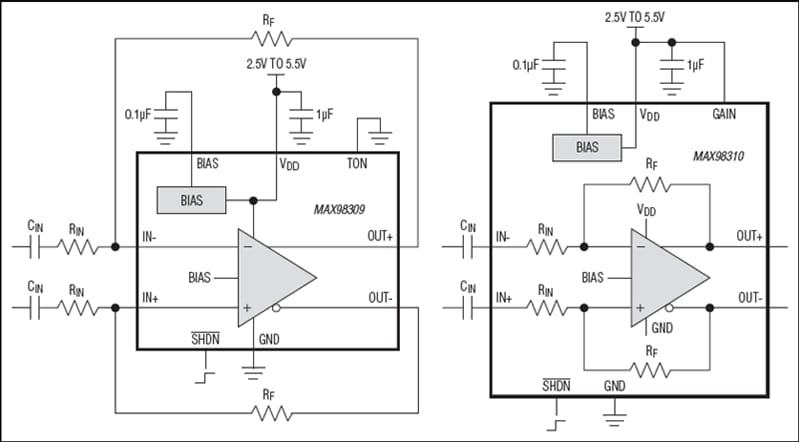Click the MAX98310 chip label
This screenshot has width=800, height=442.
pos(722,157)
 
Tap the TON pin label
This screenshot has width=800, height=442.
pos(358,162)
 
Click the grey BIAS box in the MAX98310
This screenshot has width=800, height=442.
pos(586,147)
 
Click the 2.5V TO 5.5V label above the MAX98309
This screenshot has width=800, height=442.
pos(278,63)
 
